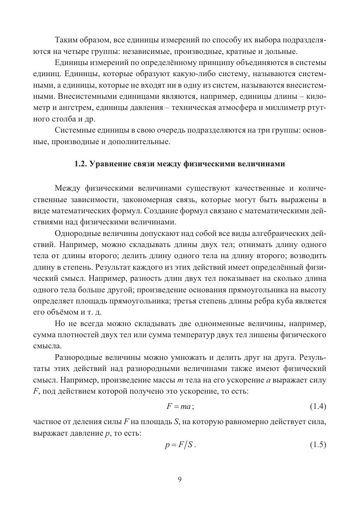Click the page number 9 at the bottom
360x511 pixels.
point(180,479)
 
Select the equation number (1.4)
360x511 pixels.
point(318,406)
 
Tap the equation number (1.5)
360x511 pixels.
point(318,445)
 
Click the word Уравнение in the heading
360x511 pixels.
point(109,163)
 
